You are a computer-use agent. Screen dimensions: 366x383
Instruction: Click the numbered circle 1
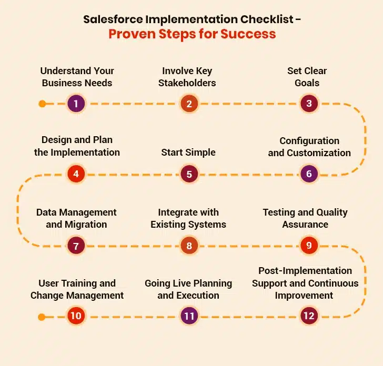[76, 104]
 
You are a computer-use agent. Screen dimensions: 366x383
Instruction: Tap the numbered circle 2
[188, 104]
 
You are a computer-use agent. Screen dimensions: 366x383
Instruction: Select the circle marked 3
[309, 104]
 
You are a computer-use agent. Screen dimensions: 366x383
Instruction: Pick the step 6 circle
[309, 174]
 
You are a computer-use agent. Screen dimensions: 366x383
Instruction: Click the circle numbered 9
[309, 245]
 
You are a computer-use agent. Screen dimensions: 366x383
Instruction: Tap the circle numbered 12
[309, 316]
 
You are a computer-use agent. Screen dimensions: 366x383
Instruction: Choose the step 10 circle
[76, 316]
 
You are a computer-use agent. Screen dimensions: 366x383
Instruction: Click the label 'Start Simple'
[188, 152]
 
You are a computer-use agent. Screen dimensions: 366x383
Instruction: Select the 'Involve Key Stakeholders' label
[187, 77]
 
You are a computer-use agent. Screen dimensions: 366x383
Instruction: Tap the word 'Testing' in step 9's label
[280, 212]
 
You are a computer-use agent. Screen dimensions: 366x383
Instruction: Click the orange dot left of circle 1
[42, 104]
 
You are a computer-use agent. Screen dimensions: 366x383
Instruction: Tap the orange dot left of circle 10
[42, 317]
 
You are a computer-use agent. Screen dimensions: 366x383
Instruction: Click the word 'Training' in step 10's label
[80, 283]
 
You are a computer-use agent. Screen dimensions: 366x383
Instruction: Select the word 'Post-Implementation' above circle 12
[305, 271]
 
